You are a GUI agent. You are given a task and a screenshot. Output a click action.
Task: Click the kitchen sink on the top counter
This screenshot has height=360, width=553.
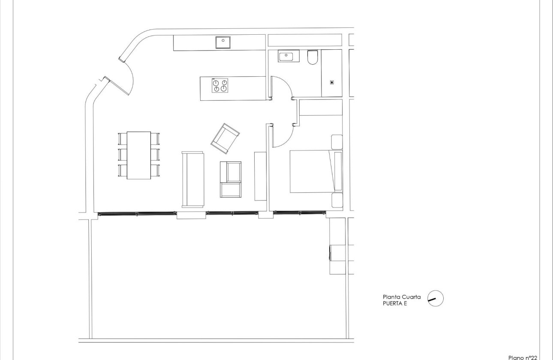pyautogui.click(x=223, y=42)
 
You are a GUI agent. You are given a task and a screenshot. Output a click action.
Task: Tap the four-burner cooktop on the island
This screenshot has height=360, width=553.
pyautogui.click(x=220, y=85)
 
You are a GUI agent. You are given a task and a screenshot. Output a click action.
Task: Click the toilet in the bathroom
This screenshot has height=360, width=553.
pyautogui.click(x=313, y=57)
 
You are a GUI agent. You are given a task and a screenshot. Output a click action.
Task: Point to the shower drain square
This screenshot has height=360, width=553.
pyautogui.click(x=331, y=82)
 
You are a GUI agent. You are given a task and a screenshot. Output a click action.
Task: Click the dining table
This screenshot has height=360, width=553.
pyautogui.click(x=139, y=155)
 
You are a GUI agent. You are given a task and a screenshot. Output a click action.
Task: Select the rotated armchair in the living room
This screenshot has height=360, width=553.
pyautogui.click(x=225, y=138)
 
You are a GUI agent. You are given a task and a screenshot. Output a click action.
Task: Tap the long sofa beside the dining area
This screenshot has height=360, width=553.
pyautogui.click(x=193, y=179)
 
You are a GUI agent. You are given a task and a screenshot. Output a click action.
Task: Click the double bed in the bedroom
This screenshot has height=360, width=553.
pyautogui.click(x=313, y=171)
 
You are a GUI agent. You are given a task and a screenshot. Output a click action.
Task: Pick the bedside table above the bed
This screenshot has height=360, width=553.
pyautogui.click(x=337, y=141)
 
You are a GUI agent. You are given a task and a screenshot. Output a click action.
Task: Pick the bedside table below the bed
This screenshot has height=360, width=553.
pyautogui.click(x=337, y=200)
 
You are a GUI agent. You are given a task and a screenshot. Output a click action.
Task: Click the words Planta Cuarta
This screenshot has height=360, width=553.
pyautogui.click(x=401, y=297)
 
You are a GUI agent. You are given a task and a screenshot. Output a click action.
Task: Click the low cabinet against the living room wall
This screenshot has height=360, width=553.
pyautogui.click(x=260, y=176)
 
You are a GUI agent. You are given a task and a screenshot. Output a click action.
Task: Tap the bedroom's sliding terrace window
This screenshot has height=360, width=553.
pyautogui.click(x=299, y=212)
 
